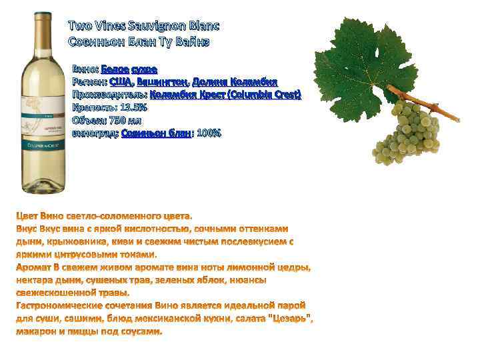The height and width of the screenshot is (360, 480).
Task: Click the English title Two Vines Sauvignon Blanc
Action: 143,26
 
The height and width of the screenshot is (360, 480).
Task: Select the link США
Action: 120,82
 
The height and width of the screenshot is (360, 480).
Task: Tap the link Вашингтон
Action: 162,82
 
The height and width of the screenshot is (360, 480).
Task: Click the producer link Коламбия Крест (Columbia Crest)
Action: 225,95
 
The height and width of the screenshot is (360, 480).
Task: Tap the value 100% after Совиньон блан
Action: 209,133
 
